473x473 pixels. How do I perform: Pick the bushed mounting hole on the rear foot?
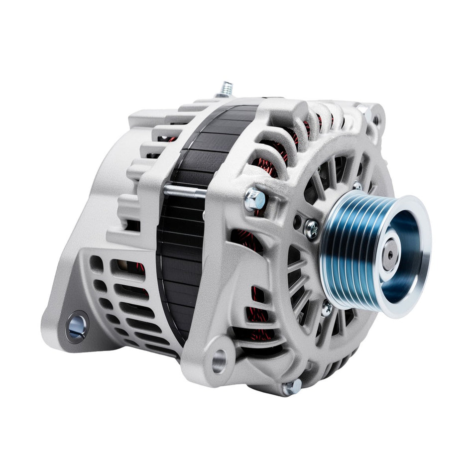(77, 327)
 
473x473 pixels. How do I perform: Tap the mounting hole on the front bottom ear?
(219, 361)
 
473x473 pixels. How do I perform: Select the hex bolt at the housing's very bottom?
(291, 387)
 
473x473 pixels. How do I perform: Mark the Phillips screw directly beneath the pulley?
(327, 308)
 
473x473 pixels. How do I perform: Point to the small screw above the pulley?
(357, 186)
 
